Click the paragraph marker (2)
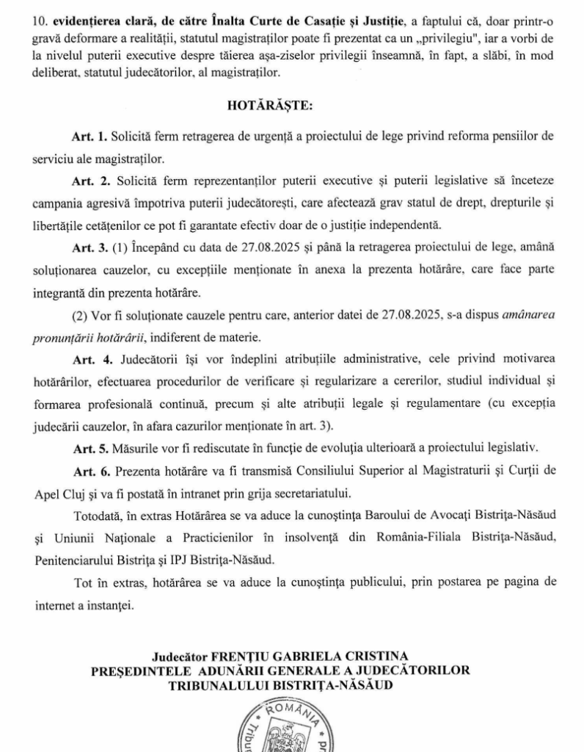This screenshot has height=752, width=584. click(81, 317)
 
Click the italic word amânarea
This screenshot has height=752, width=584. click(526, 317)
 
